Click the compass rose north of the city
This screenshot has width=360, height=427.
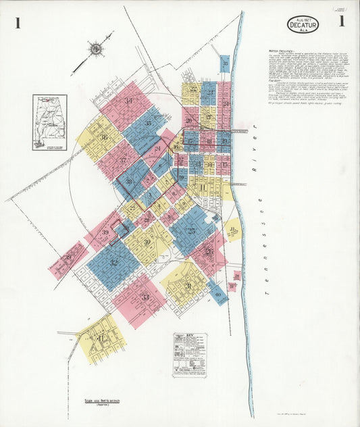(x=96, y=49)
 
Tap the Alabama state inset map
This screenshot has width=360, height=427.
(x=49, y=122)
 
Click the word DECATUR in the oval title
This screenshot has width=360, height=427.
(x=303, y=26)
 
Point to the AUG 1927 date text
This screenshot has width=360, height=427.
(x=302, y=19)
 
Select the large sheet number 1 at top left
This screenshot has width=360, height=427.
(x=18, y=24)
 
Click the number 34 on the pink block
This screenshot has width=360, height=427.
(x=127, y=101)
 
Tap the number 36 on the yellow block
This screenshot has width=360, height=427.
(x=104, y=137)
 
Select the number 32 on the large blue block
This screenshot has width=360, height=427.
(x=113, y=263)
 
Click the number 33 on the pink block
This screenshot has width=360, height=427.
(x=145, y=297)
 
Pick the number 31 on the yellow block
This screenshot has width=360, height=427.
(x=188, y=286)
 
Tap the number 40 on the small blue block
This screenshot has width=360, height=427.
(x=217, y=295)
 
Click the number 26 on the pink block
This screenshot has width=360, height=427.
(x=209, y=252)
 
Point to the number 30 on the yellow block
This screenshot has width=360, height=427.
(x=147, y=242)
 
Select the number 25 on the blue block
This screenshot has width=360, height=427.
(x=191, y=230)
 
